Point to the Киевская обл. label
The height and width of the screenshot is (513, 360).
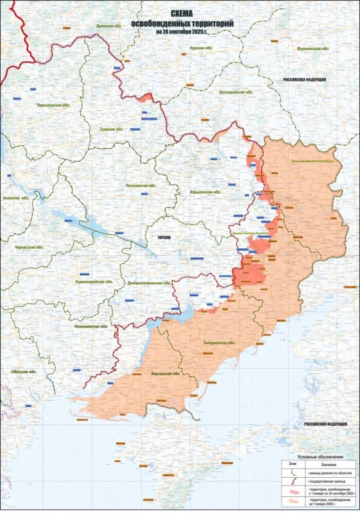(17, 199)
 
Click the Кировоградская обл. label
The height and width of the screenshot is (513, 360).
(94, 282)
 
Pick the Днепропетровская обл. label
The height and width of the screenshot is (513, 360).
(148, 283)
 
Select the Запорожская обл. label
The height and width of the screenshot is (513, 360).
(219, 343)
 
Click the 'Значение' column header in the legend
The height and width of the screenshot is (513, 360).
(328, 464)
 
